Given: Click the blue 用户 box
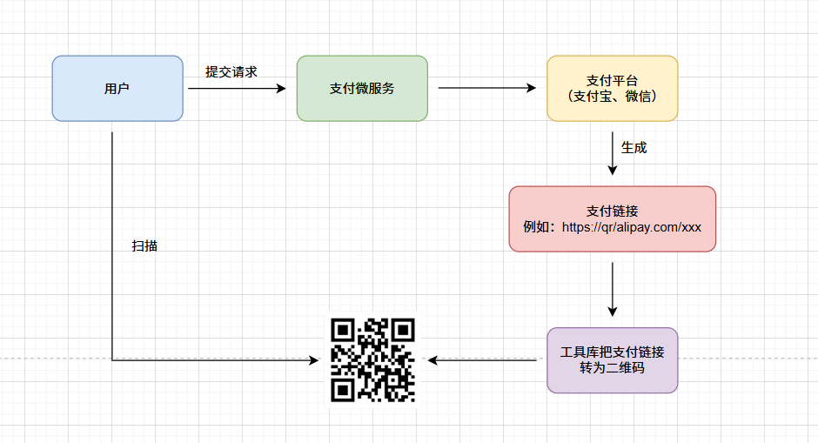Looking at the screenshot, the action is tap(117, 89).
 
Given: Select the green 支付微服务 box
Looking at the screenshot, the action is tap(362, 89).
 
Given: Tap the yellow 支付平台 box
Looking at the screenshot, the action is tap(613, 89).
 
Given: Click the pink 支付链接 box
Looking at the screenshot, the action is tap(613, 219).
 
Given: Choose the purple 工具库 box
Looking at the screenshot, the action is tap(613, 360).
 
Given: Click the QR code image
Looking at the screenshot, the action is tap(372, 360).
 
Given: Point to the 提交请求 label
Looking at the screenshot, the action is tap(231, 72).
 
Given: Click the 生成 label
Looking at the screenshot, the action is tap(634, 148).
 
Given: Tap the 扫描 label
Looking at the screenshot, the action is tap(144, 245).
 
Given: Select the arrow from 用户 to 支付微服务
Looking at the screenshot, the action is tap(238, 89).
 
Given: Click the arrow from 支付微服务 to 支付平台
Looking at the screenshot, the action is tap(487, 88).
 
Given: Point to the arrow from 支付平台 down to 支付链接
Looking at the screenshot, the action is tap(613, 153).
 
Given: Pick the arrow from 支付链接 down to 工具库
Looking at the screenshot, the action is tap(613, 289).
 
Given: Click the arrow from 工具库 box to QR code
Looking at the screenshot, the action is tap(482, 360).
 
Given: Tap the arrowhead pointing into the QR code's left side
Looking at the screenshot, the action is tap(314, 360).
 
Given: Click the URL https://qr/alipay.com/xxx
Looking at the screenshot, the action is tap(631, 227).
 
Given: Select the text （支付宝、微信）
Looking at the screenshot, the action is tap(613, 97).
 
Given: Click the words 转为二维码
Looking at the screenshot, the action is tap(613, 368).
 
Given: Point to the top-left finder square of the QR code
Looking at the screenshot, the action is tap(343, 331).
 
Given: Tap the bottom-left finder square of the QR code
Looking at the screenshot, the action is tap(343, 390).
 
